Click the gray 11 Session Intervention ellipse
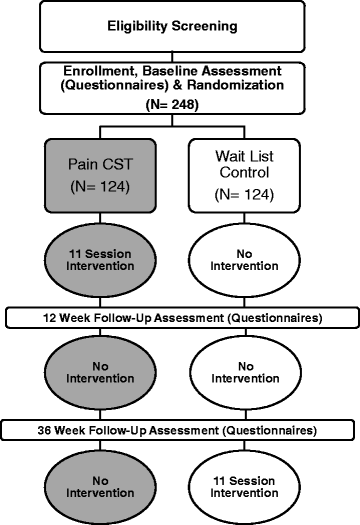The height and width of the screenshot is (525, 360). (x=104, y=262)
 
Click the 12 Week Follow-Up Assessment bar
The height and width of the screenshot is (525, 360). (x=180, y=317)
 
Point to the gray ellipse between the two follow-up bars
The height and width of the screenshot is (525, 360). (x=104, y=374)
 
